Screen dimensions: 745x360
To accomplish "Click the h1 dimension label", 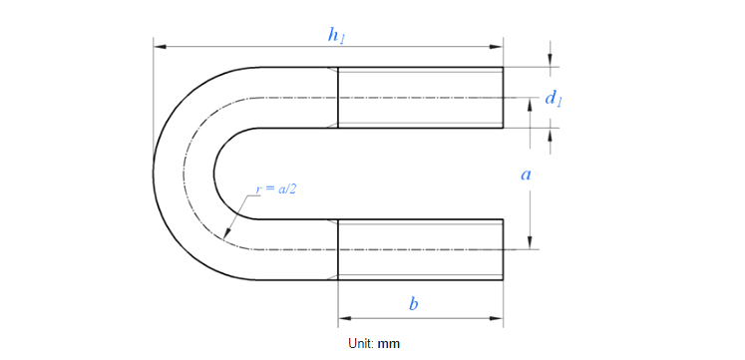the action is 336,36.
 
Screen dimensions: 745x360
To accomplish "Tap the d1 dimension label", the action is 554,99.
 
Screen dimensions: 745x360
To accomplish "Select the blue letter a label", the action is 526,176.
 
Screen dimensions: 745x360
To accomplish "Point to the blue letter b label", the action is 414,303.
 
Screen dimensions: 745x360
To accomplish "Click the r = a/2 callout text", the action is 276,188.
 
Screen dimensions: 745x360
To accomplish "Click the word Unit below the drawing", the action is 361,343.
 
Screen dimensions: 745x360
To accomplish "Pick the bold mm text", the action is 389,344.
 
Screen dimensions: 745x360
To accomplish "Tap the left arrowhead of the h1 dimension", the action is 160,47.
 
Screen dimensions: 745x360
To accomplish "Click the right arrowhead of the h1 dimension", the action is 497,47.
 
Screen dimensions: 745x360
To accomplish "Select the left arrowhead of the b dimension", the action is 344,318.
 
